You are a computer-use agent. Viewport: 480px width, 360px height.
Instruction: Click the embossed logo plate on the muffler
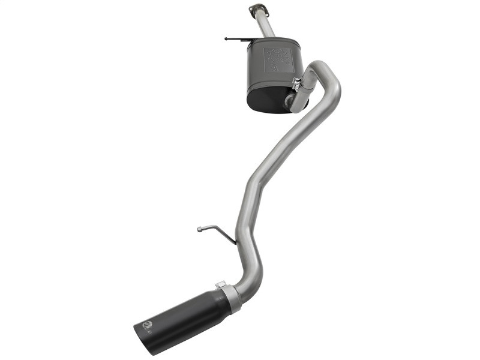tap(278, 59)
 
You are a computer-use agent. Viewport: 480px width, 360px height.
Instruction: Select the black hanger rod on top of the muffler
tap(243, 39)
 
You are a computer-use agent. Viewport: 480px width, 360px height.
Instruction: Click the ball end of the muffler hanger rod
tap(226, 38)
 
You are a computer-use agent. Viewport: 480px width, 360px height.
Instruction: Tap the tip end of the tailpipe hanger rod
tap(199, 228)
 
